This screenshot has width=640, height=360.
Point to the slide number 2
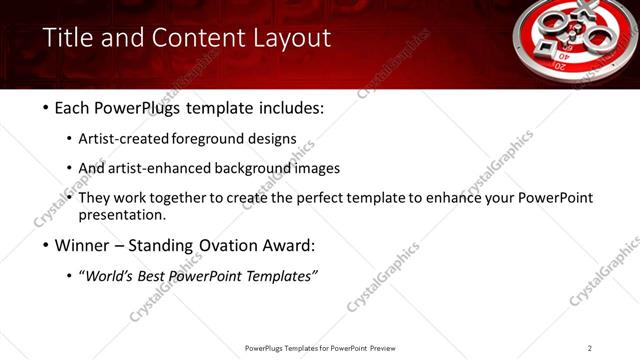pos(589,348)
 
